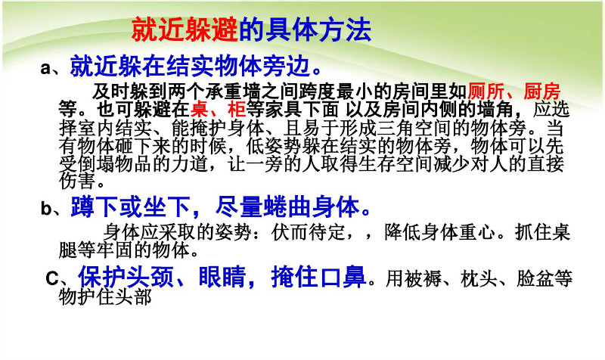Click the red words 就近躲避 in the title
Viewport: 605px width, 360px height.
pos(185,29)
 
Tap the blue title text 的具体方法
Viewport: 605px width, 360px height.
pos(305,29)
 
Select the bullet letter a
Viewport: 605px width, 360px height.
pos(46,68)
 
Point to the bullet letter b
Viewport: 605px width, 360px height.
pos(46,209)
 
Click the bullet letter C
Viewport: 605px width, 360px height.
pos(51,278)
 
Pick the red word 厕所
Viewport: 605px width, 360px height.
pos(486,92)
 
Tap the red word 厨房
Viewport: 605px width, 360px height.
pos(541,92)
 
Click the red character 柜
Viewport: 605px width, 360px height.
pos(237,109)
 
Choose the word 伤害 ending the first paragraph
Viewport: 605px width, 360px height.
pos(77,181)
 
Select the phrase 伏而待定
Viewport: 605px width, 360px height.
pos(308,232)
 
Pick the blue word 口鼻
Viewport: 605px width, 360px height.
pos(343,277)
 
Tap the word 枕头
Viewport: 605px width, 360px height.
pos(479,278)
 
